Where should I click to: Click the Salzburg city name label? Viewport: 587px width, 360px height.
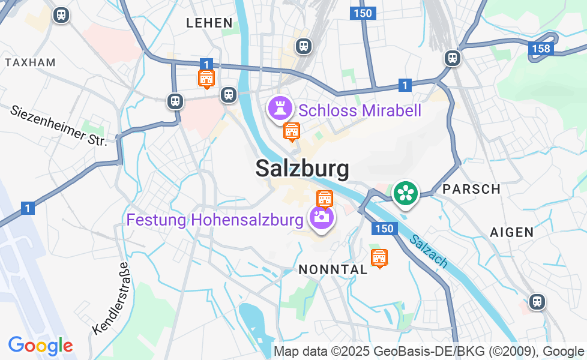[x=302, y=169]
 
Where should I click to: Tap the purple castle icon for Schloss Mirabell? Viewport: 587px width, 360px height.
[x=280, y=109]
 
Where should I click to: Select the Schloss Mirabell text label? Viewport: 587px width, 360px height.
[x=360, y=110]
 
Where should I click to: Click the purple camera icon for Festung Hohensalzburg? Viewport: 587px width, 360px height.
[x=321, y=217]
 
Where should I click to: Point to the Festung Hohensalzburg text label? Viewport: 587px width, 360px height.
[x=215, y=220]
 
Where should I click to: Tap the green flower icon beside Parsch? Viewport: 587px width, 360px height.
[x=406, y=193]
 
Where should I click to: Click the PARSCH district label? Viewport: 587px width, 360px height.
[x=471, y=189]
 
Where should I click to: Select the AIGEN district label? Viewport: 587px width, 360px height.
[x=511, y=232]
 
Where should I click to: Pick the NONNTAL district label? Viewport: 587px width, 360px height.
[x=333, y=270]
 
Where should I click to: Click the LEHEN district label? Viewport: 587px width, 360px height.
[x=209, y=23]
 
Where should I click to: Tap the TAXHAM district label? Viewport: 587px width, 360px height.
[x=30, y=62]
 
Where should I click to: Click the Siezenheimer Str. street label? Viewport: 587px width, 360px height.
[x=58, y=125]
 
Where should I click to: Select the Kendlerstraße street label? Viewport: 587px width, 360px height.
[x=111, y=298]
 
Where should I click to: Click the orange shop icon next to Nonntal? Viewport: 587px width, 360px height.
[x=379, y=258]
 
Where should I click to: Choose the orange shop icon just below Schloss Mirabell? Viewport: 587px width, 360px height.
[x=292, y=131]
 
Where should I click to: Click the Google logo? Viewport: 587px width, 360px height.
[x=40, y=346]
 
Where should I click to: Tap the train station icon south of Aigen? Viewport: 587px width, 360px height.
[x=537, y=301]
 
